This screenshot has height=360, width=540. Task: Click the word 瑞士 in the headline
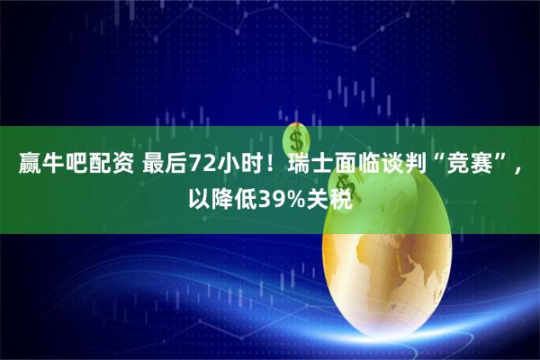(310, 165)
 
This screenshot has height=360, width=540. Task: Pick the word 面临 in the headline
(359, 165)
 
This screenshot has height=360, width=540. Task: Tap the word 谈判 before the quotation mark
(408, 165)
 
